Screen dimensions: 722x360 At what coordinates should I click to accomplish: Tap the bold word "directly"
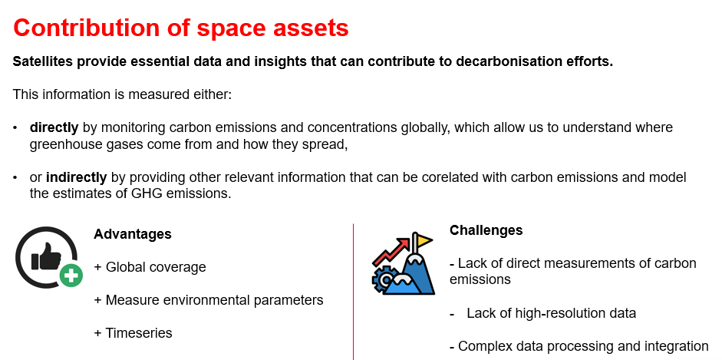pyautogui.click(x=54, y=127)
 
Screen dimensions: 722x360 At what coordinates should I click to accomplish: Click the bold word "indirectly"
pyautogui.click(x=77, y=177)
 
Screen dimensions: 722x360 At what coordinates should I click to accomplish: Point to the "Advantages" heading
pyautogui.click(x=133, y=234)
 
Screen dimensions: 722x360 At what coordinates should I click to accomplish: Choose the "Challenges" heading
pyautogui.click(x=486, y=230)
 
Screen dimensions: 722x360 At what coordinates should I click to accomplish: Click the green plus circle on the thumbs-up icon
pyautogui.click(x=71, y=276)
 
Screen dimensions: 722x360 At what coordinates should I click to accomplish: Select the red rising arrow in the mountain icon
pyautogui.click(x=391, y=252)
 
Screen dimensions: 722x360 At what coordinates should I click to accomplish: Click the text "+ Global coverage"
pyautogui.click(x=150, y=267)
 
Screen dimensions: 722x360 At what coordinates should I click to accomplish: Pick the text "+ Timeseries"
pyautogui.click(x=133, y=333)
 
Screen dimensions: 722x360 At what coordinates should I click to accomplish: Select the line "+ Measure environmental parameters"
pyautogui.click(x=209, y=300)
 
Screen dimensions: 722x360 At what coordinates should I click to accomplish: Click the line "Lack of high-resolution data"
pyautogui.click(x=551, y=313)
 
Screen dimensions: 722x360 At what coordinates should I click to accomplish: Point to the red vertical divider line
pyautogui.click(x=354, y=292)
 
